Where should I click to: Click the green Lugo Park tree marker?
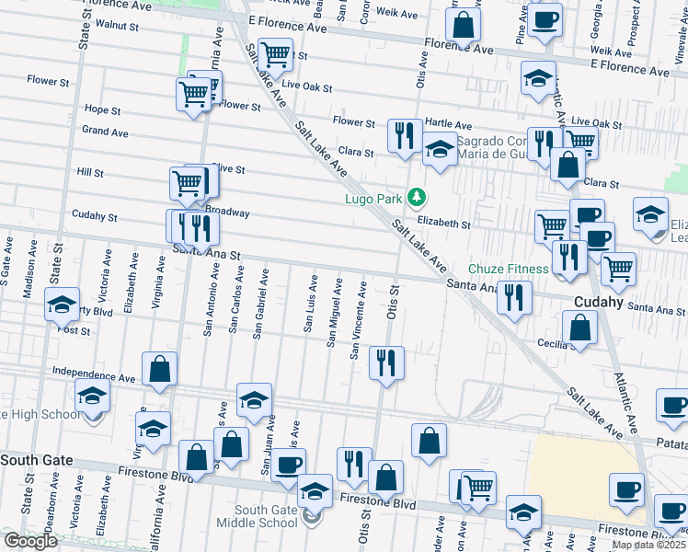(x=417, y=197)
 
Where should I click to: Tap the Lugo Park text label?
(x=374, y=198)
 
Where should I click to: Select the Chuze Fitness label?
(x=509, y=269)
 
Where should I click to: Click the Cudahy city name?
(x=599, y=302)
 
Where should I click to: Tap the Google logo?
(x=30, y=541)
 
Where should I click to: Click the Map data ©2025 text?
(x=648, y=545)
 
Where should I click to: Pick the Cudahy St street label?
(x=95, y=218)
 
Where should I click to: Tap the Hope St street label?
(x=102, y=109)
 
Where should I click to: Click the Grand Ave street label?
(x=105, y=132)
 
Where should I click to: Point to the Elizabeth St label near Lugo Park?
(x=443, y=224)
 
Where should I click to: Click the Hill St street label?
(x=90, y=172)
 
